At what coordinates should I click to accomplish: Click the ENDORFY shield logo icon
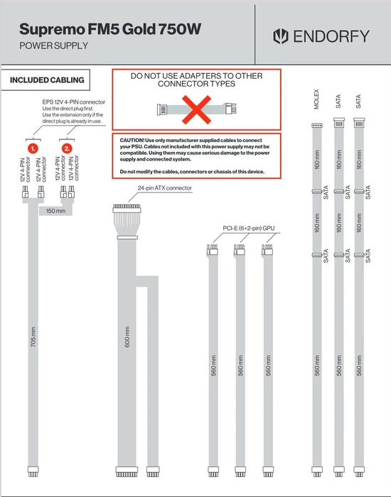point(281,36)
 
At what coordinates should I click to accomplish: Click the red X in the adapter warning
point(196,109)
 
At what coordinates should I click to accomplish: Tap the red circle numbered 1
point(33,148)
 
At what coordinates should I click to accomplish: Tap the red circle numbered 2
point(67,148)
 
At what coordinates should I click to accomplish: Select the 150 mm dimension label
point(55,211)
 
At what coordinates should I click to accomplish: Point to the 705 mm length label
point(33,337)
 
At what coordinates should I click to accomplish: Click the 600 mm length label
point(127,337)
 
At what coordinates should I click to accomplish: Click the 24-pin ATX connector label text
point(165,188)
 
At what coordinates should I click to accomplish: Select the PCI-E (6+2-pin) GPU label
point(249,228)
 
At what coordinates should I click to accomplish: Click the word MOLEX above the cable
point(316,99)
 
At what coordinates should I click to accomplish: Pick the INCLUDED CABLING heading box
point(45,80)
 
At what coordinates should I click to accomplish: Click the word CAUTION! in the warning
point(132,140)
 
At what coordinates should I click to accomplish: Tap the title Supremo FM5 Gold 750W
point(110,29)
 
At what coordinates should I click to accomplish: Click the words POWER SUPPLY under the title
point(53,45)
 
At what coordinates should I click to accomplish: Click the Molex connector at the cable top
point(317,126)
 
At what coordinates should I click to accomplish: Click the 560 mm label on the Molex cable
point(317,366)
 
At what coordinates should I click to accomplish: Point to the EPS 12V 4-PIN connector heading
point(74,102)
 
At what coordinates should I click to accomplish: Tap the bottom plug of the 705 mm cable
point(33,471)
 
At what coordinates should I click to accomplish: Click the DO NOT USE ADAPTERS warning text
point(196,80)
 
